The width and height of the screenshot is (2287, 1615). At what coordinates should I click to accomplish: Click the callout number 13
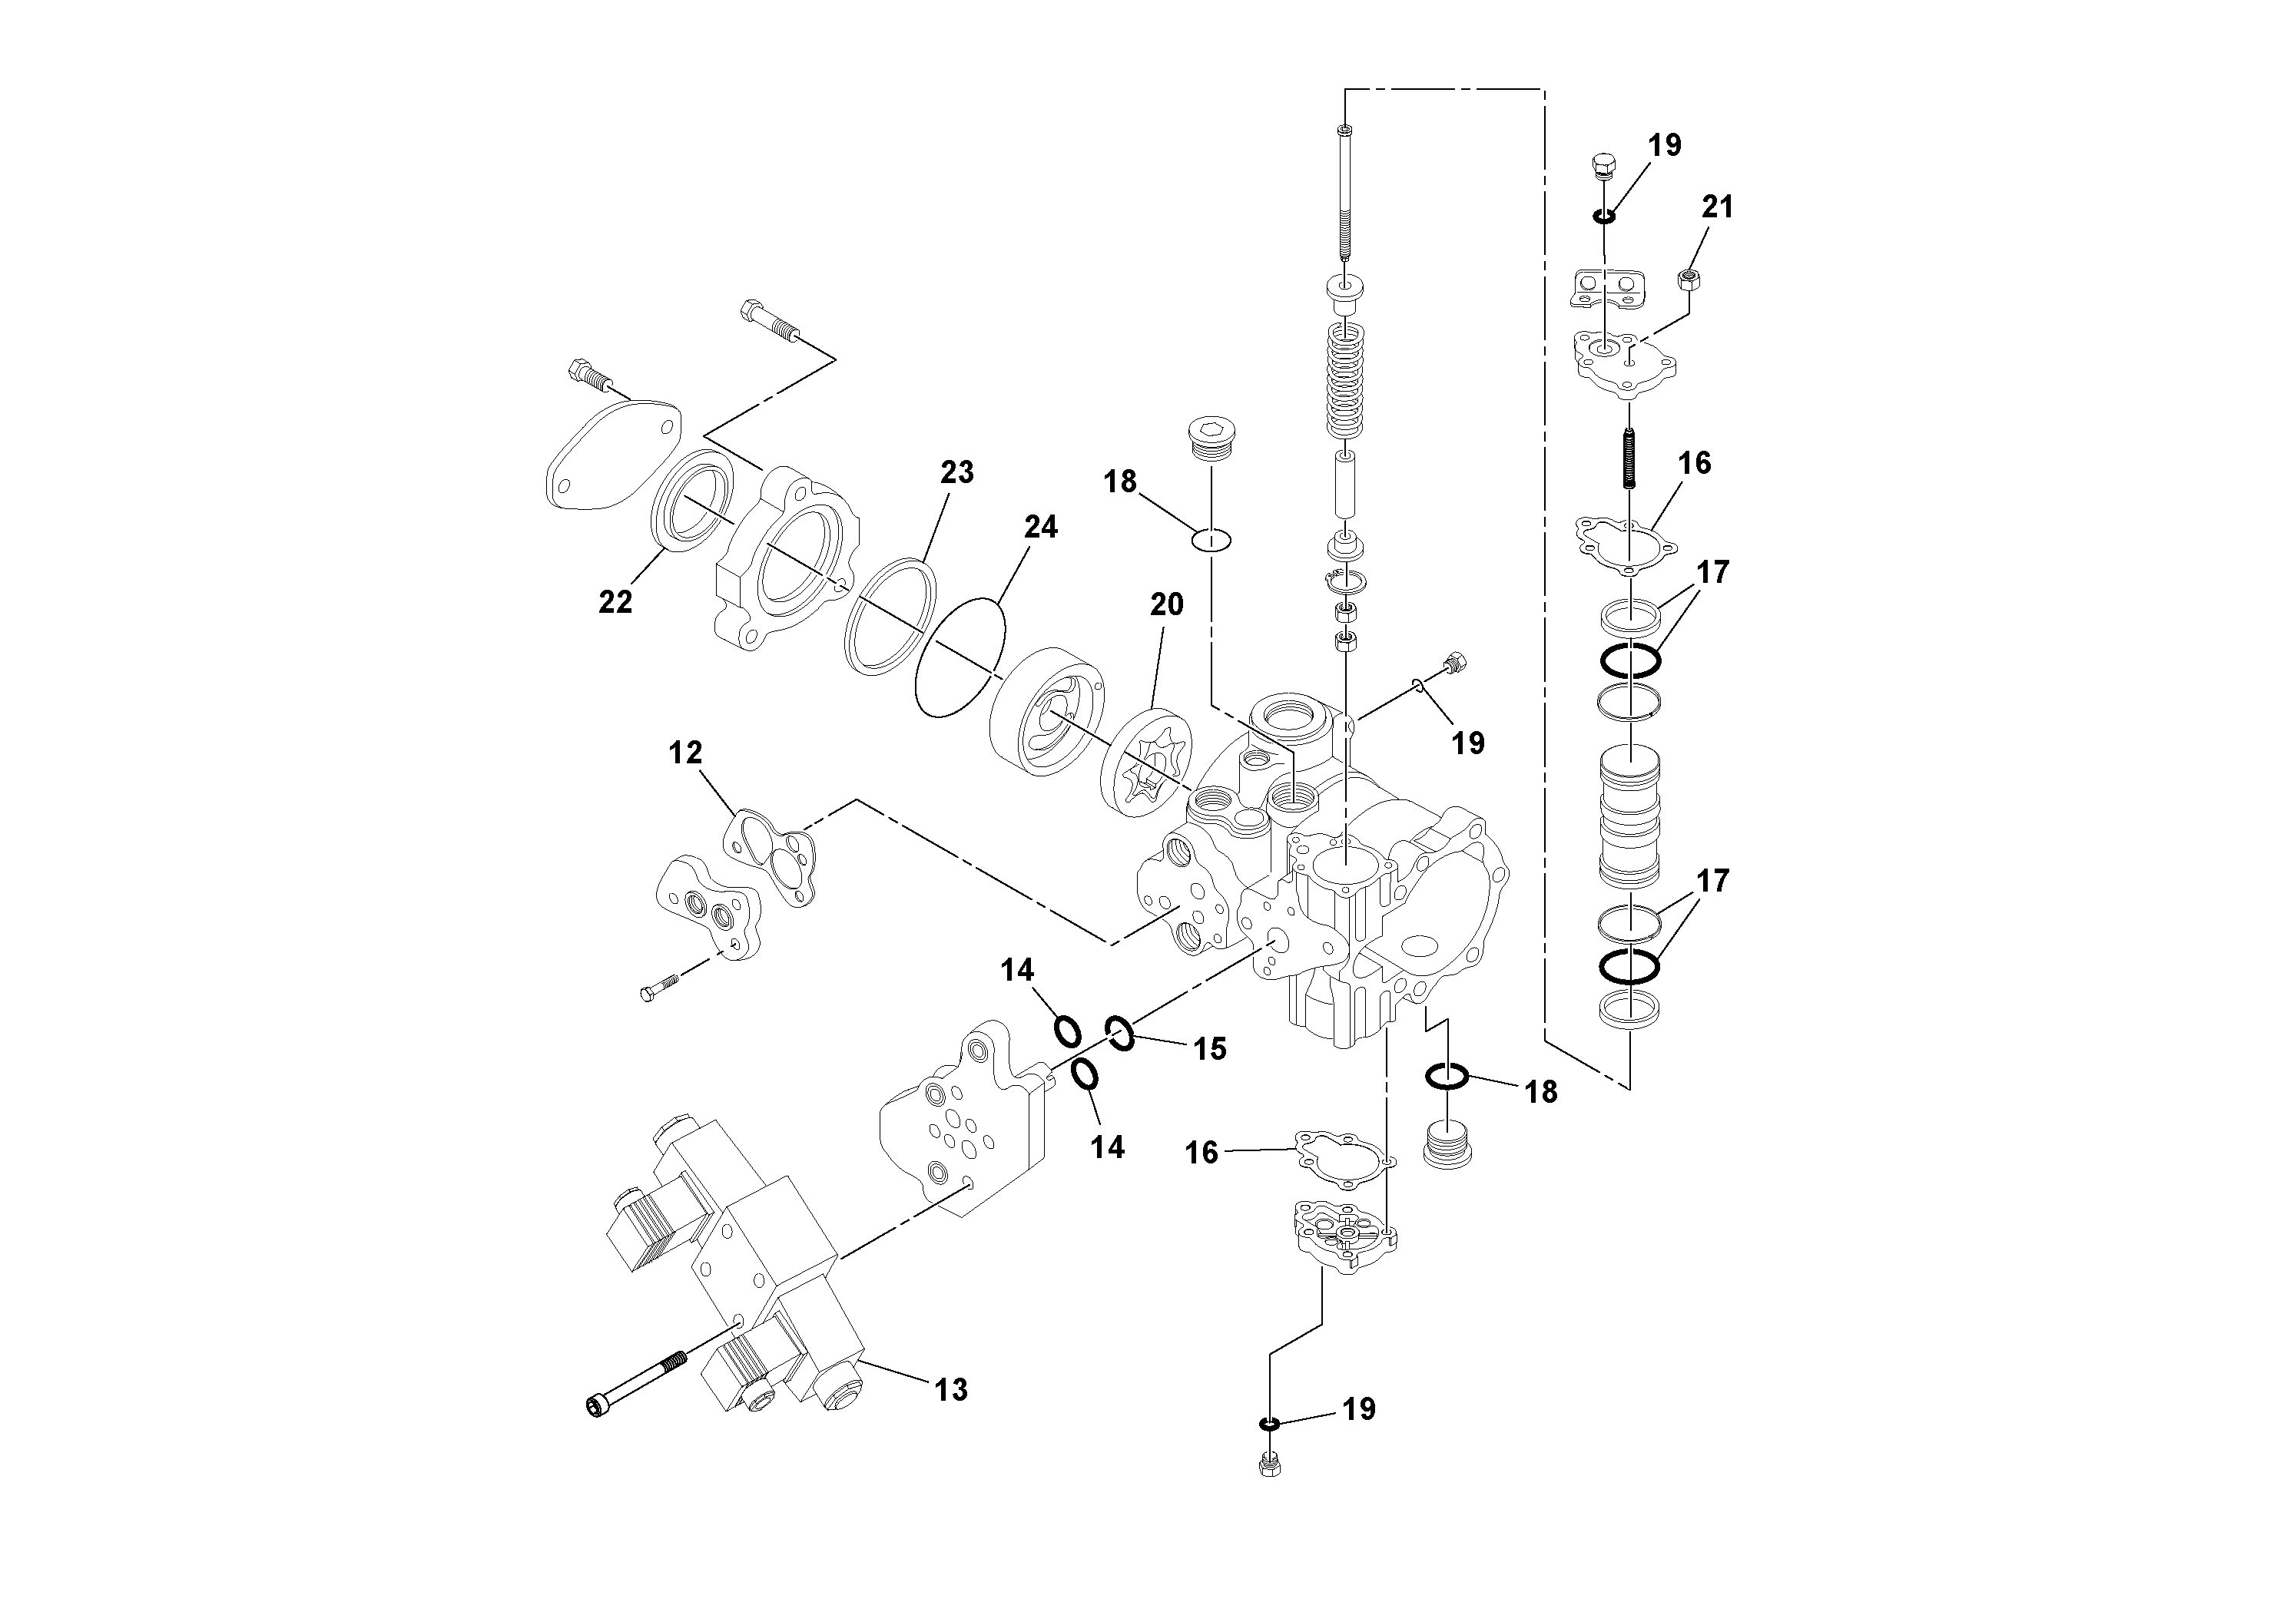coord(951,1389)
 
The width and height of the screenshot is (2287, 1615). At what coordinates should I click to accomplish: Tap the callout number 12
coord(685,753)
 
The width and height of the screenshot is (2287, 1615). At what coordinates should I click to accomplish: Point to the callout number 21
coord(1717,207)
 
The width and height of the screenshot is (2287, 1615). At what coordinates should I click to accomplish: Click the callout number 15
coord(1210,1048)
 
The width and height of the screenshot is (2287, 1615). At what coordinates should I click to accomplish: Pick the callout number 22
coord(615,601)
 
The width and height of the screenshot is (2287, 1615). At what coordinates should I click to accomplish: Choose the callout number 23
coord(956,472)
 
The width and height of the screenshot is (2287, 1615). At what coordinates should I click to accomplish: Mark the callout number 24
coord(1040,527)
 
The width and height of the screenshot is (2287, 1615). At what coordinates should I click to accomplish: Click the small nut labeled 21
coord(1689,280)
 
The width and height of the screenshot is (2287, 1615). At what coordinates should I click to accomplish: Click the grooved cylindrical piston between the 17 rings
coord(1629,816)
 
